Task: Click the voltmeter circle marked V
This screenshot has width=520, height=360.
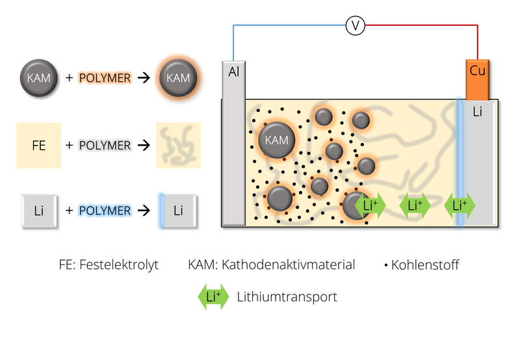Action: point(355,25)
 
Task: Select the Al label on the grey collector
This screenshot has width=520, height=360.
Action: point(234,71)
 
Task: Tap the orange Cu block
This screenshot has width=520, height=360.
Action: point(478,80)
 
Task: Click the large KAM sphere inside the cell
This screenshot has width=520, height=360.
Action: point(276,140)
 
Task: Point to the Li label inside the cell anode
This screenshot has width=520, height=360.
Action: point(478,112)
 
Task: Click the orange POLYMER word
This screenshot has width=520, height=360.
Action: point(105,78)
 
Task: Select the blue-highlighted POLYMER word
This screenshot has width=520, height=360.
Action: point(105,211)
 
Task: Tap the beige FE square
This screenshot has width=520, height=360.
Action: point(39,145)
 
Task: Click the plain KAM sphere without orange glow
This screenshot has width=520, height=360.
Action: point(39,78)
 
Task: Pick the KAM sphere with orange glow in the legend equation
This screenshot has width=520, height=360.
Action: point(178,78)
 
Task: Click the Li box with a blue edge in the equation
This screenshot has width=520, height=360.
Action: point(178,211)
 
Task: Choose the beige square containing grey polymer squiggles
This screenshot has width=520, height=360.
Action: point(178,145)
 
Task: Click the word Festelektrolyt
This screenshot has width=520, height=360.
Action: point(119,265)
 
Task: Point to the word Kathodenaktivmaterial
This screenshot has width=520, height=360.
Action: point(288,264)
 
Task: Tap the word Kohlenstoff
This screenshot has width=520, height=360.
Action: point(425,265)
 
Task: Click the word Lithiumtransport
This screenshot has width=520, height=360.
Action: point(287,297)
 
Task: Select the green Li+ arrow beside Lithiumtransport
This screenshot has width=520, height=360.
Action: point(213,297)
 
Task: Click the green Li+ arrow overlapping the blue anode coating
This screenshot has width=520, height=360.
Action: point(460,205)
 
